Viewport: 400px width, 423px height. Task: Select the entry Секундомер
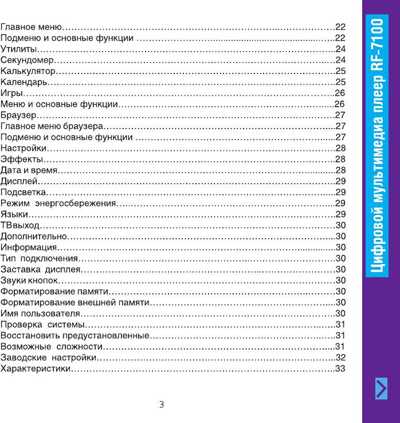(29, 60)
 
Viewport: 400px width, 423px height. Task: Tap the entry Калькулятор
(29, 71)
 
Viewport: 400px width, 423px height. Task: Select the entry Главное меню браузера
(52, 126)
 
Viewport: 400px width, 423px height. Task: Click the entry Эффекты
(22, 158)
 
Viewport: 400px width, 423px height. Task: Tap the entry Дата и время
(29, 170)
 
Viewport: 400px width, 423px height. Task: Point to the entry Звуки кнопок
(30, 280)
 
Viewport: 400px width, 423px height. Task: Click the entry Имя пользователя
(40, 313)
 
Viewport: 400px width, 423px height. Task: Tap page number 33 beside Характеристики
(340, 368)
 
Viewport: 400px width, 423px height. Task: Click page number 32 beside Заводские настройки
(340, 357)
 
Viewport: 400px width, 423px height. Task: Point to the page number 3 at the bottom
(162, 405)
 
